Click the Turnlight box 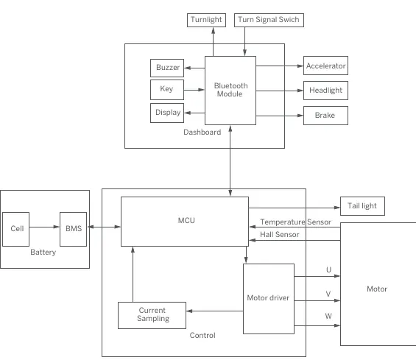point(206,20)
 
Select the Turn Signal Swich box point(269,20)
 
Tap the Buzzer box point(167,68)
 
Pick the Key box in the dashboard point(167,90)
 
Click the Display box point(167,113)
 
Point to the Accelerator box point(325,66)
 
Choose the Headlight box point(325,91)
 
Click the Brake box point(325,116)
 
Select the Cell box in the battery point(16,229)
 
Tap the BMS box point(73,229)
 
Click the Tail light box point(362,206)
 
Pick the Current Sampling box point(152,315)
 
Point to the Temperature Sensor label point(295,222)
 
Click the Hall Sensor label point(280,235)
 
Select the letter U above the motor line point(328,269)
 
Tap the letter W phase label point(328,316)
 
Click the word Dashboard point(202,132)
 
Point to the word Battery point(43,252)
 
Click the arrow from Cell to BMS point(44,227)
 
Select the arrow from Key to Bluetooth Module point(194,90)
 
